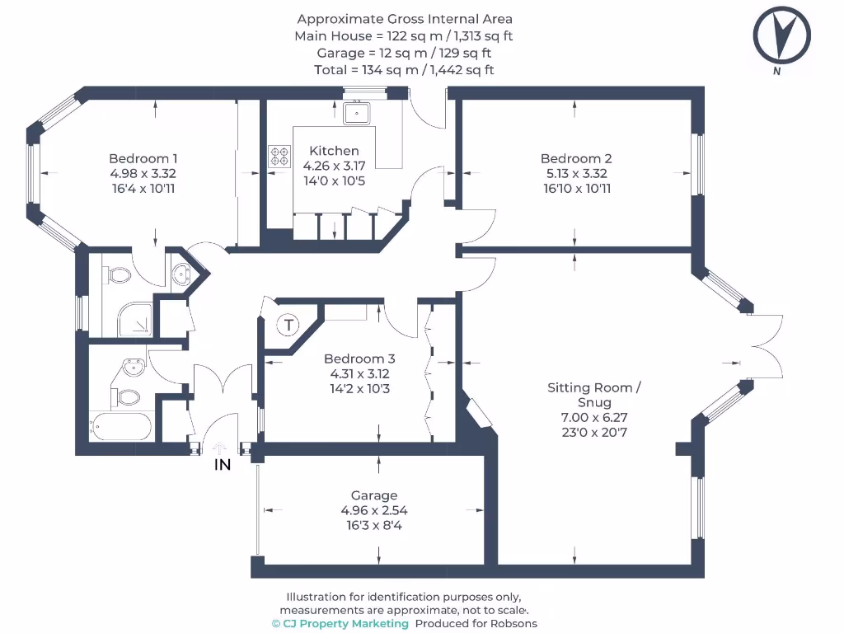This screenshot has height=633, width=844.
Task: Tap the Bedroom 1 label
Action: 143,158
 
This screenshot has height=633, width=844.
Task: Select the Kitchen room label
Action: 334,151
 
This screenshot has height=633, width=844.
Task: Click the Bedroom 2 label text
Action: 575,158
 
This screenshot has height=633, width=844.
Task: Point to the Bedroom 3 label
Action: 359,359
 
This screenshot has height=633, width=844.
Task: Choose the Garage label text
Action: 374,495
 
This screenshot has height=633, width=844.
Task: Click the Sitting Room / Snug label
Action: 590,395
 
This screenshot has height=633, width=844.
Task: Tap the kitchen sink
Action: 358,112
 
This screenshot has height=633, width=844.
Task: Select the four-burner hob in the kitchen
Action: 280,155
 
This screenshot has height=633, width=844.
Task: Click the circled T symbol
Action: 288,325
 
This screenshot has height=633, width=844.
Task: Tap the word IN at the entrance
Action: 223,465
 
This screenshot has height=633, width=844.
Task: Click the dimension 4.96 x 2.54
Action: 374,510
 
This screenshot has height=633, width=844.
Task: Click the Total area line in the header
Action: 404,70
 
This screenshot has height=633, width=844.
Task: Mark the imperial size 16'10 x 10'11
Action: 575,189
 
